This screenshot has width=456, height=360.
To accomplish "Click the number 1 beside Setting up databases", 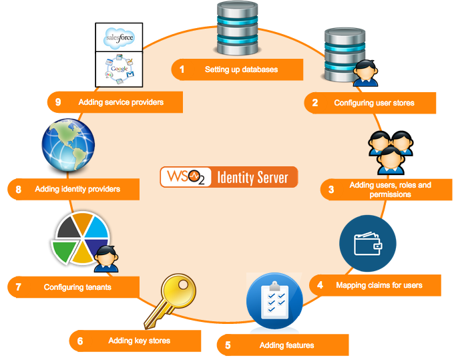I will click(x=181, y=69).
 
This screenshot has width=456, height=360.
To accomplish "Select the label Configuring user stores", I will click(x=374, y=103).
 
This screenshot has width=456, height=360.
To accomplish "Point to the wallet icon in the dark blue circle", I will click(x=368, y=244).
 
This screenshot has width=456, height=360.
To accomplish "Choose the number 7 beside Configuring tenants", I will click(x=18, y=287).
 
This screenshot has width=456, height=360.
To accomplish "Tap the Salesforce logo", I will click(x=120, y=39).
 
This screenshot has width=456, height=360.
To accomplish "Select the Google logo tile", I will click(x=120, y=70).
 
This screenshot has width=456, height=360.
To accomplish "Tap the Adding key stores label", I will click(x=139, y=341).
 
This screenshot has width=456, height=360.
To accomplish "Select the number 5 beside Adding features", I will click(x=228, y=345).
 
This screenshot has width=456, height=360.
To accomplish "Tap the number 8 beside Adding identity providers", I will click(x=18, y=189).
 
